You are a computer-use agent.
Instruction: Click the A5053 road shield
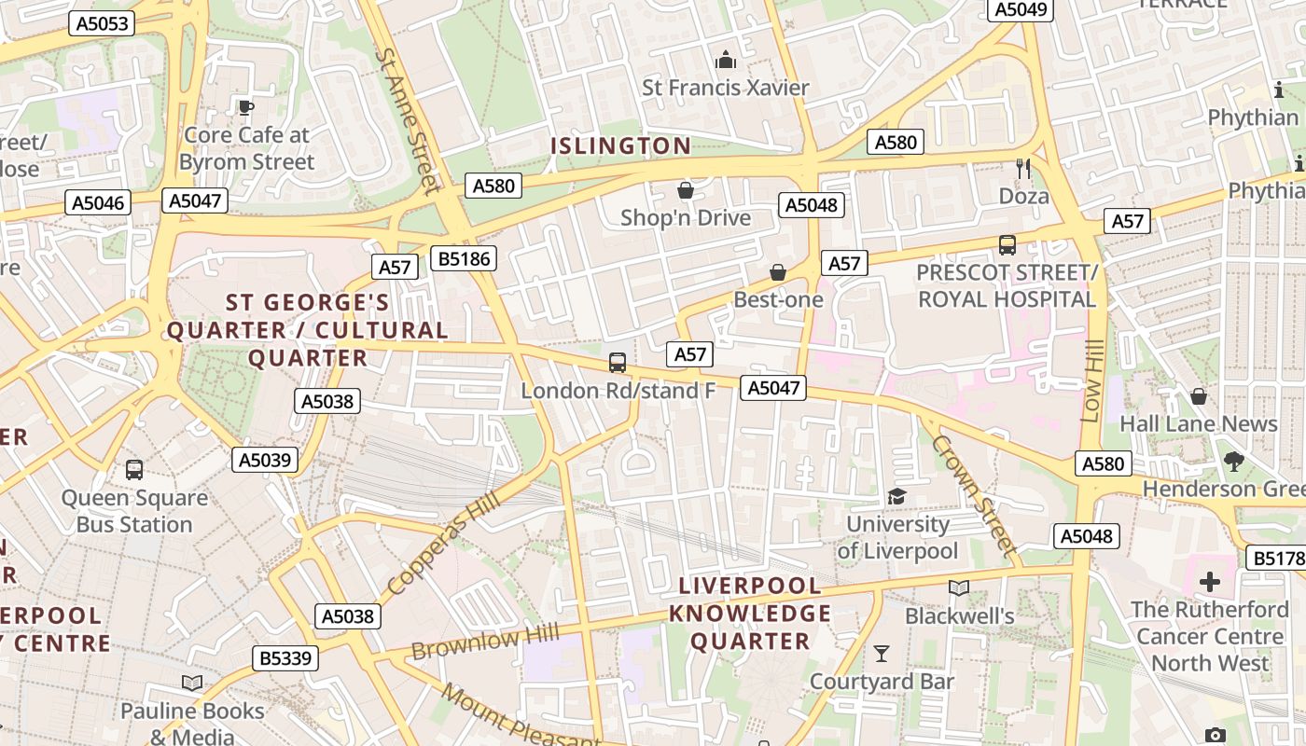pyautogui.click(x=102, y=23)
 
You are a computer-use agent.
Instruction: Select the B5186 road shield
pyautogui.click(x=463, y=258)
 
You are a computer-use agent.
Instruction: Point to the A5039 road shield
pyautogui.click(x=265, y=460)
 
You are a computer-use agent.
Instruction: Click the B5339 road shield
pyautogui.click(x=285, y=658)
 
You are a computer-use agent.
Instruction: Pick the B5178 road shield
pyautogui.click(x=1276, y=559)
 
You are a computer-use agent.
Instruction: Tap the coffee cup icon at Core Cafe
pyautogui.click(x=245, y=108)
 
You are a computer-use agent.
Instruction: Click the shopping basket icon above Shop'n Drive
pyautogui.click(x=686, y=190)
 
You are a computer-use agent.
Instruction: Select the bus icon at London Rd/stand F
pyautogui.click(x=617, y=363)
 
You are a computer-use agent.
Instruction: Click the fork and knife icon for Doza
pyautogui.click(x=1023, y=169)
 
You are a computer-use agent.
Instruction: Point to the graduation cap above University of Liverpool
pyautogui.click(x=896, y=496)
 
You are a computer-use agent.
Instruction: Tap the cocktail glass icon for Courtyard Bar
pyautogui.click(x=881, y=653)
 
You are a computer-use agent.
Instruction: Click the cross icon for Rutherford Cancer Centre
pyautogui.click(x=1209, y=583)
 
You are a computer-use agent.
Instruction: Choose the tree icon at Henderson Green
pyautogui.click(x=1233, y=461)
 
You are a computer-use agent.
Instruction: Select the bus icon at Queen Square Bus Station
pyautogui.click(x=134, y=469)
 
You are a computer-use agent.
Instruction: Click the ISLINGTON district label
pyautogui.click(x=620, y=145)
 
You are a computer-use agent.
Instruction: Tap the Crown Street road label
pyautogui.click(x=973, y=495)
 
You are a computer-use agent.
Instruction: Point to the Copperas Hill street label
pyautogui.click(x=443, y=546)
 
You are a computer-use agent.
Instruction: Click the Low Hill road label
pyautogui.click(x=1091, y=380)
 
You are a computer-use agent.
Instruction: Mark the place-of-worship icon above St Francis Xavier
pyautogui.click(x=725, y=61)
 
